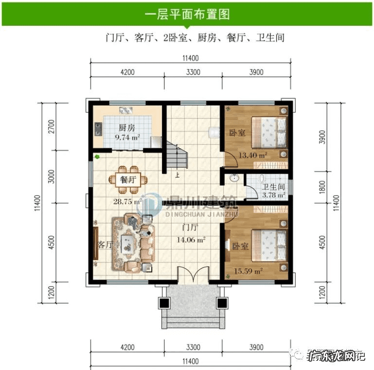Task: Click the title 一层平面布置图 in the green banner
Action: click(187, 14)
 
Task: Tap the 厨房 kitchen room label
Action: click(127, 128)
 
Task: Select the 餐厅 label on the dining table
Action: click(127, 179)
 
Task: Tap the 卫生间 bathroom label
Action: click(273, 187)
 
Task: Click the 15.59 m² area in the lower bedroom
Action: click(248, 271)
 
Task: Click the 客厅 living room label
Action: click(105, 245)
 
